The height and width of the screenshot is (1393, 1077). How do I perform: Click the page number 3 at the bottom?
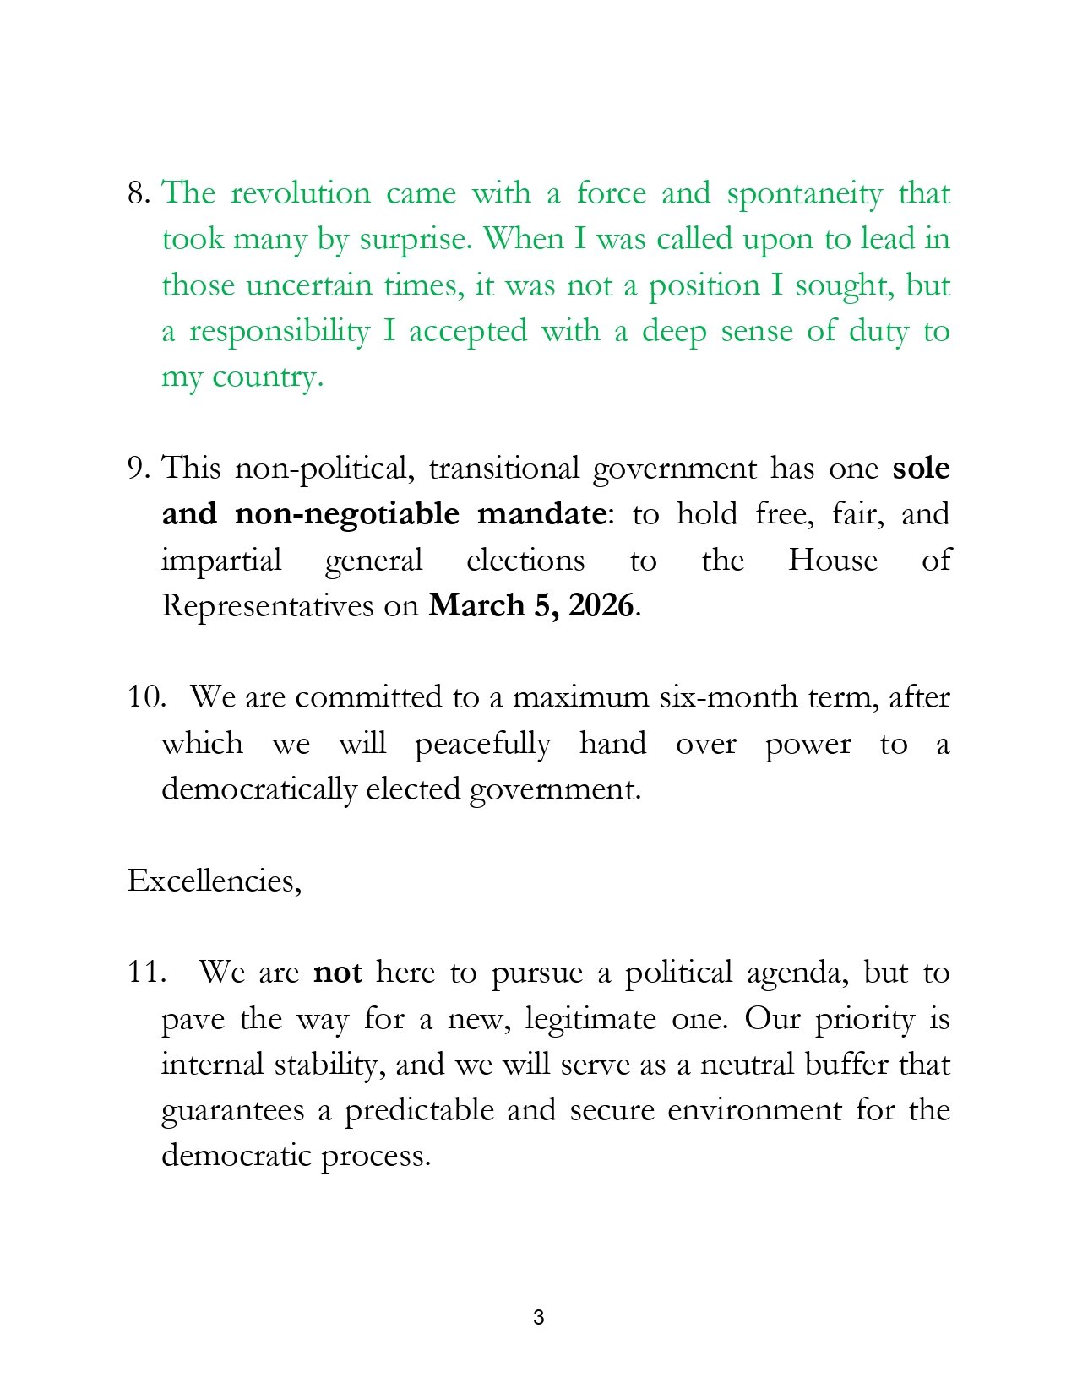(539, 1317)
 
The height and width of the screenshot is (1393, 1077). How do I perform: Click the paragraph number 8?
(138, 193)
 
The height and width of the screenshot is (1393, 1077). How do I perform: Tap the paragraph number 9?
(138, 469)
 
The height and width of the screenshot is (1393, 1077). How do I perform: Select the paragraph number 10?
(145, 697)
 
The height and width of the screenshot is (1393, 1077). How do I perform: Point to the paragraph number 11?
(144, 973)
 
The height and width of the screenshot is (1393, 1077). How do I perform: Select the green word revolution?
(301, 193)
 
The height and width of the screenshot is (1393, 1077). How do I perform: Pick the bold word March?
(476, 605)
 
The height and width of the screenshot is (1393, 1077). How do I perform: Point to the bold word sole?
(921, 469)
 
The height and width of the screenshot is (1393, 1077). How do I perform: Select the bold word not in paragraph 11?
(337, 973)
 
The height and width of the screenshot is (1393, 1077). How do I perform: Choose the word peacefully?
(482, 745)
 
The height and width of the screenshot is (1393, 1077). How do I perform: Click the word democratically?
(259, 789)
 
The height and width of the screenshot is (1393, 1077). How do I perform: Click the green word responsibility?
(279, 332)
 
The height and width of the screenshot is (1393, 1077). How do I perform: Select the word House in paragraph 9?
(832, 560)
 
